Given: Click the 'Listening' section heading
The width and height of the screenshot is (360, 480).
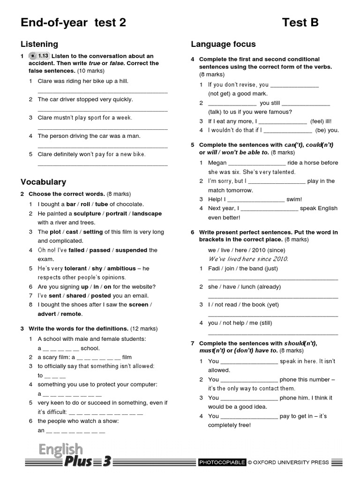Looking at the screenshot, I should pyautogui.click(x=39, y=44).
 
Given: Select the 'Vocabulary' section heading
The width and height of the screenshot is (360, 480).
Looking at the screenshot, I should pyautogui.click(x=43, y=182).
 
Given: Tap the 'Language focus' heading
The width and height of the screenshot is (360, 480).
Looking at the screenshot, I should pyautogui.click(x=223, y=44).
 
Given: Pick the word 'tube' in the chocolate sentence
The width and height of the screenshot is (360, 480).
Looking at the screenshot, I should pyautogui.click(x=101, y=204).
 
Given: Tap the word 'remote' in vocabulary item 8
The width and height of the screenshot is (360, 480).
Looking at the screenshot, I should pyautogui.click(x=72, y=314).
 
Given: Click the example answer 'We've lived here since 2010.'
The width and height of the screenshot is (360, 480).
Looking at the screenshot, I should pyautogui.click(x=248, y=259).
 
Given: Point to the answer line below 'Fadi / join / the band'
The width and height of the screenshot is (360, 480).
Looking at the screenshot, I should pyautogui.click(x=272, y=279).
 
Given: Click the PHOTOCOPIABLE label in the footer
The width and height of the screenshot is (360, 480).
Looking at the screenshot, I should pyautogui.click(x=222, y=462).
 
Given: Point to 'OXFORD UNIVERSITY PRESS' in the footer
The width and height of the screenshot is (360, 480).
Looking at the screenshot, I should pyautogui.click(x=291, y=462).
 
